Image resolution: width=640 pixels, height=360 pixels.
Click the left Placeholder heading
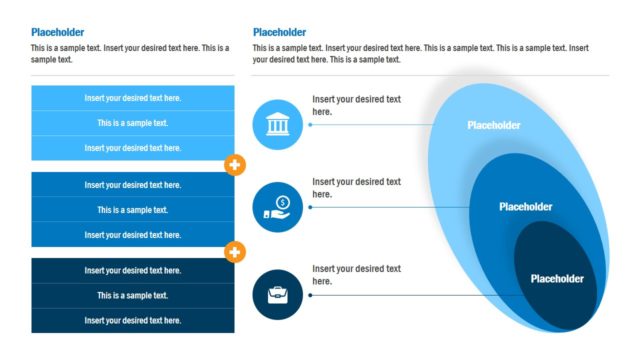click(58, 32)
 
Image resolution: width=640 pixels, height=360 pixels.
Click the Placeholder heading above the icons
click(280, 32)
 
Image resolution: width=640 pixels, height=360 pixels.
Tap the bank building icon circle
click(277, 125)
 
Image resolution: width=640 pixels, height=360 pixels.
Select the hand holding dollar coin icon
click(277, 208)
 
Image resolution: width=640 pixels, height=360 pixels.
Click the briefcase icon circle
click(277, 295)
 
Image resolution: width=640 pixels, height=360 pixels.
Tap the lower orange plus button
click(236, 252)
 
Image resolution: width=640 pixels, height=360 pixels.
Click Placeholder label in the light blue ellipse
click(494, 125)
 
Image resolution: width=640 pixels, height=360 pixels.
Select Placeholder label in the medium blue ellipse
click(525, 207)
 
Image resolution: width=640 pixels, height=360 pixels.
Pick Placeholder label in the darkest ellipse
click(557, 279)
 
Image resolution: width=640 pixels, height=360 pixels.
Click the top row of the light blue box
click(133, 98)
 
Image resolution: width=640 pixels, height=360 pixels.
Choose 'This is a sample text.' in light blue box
click(133, 123)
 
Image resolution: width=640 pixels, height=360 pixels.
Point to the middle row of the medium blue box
click(133, 210)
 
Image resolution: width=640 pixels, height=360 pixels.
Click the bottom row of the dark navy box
click(133, 320)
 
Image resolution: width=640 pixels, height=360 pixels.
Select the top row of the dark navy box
click(133, 271)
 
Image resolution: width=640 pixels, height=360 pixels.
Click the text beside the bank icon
click(356, 105)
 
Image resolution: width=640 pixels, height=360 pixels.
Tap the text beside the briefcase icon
click(356, 274)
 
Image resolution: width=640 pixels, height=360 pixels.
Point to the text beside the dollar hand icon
click(356, 188)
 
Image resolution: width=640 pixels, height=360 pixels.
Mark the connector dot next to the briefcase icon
click(310, 295)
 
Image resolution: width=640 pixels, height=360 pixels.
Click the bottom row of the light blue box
click(133, 148)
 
